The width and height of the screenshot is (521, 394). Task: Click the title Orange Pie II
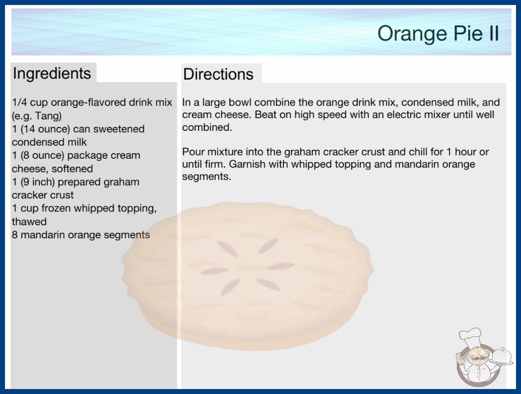pos(438,33)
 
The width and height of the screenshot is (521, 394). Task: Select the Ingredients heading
pos(52,73)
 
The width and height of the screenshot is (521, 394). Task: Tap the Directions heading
pos(218,74)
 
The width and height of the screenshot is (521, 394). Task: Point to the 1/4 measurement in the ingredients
pos(19,102)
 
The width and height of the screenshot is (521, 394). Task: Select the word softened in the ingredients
pos(72,169)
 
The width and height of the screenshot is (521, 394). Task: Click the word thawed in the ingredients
pos(29,221)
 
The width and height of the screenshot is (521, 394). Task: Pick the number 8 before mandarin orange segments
pos(14,235)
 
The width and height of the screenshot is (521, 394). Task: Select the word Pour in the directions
pos(193,152)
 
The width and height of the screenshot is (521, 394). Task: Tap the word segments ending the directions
pos(206,177)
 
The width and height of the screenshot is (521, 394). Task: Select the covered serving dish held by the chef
pos(502,357)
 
